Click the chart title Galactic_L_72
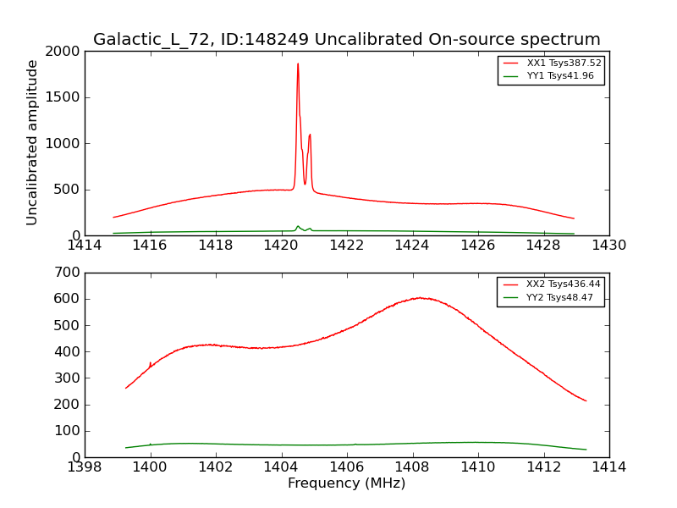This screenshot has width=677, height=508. [x=347, y=40]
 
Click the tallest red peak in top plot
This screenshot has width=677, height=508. [x=298, y=64]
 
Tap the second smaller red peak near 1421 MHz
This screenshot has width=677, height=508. [x=310, y=135]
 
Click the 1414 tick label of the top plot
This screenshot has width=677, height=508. [x=85, y=246]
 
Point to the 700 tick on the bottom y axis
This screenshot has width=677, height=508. [x=69, y=273]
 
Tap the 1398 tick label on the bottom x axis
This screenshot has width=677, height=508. [x=85, y=467]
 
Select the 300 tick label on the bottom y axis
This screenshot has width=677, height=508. [x=69, y=378]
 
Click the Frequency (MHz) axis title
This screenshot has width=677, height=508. [x=346, y=483]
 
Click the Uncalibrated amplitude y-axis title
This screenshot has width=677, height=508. [x=33, y=142]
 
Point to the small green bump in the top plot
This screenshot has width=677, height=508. [x=298, y=227]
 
